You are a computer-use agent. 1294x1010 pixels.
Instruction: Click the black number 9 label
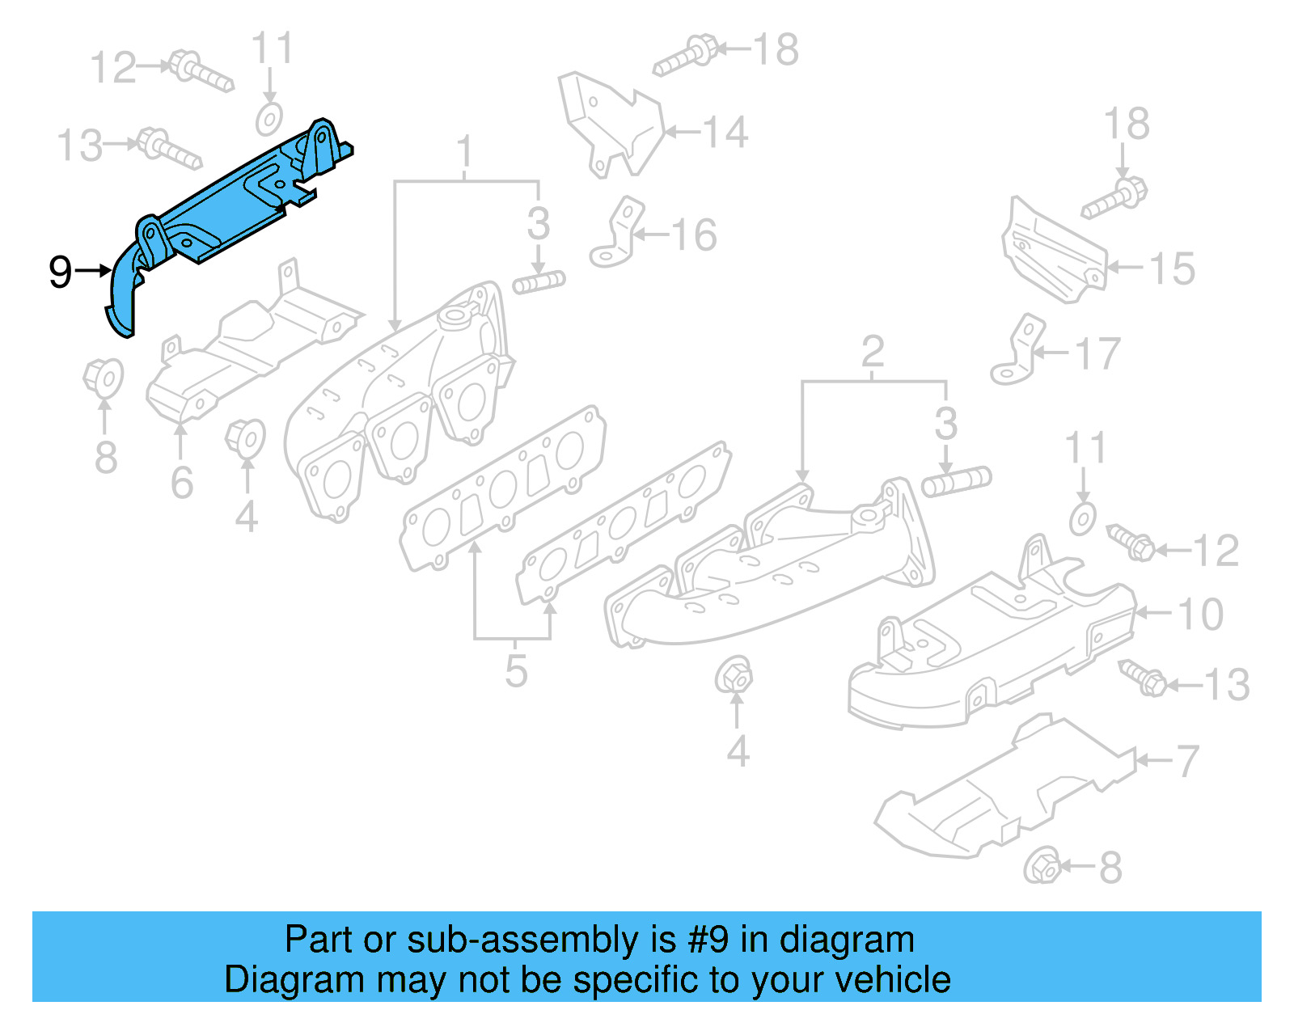click(61, 272)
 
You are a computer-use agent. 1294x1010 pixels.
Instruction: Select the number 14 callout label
click(725, 132)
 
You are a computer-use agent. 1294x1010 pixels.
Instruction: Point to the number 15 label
click(1172, 268)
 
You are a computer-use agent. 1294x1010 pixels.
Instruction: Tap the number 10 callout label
click(1200, 615)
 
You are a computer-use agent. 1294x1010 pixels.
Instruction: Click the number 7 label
click(1187, 762)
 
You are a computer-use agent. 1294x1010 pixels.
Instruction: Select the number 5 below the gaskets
click(516, 671)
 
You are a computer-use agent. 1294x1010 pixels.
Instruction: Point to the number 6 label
click(182, 483)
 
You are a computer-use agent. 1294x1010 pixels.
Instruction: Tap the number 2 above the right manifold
click(872, 352)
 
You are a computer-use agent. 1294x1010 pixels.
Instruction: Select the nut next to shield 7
click(1042, 867)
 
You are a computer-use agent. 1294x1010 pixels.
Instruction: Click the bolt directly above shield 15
click(1114, 198)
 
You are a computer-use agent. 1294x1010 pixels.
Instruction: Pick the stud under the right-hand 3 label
click(956, 482)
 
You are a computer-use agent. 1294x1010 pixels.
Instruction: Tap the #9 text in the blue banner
click(708, 940)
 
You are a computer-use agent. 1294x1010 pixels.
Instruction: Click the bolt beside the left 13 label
click(168, 148)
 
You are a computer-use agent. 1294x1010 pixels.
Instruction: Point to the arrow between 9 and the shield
click(93, 271)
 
